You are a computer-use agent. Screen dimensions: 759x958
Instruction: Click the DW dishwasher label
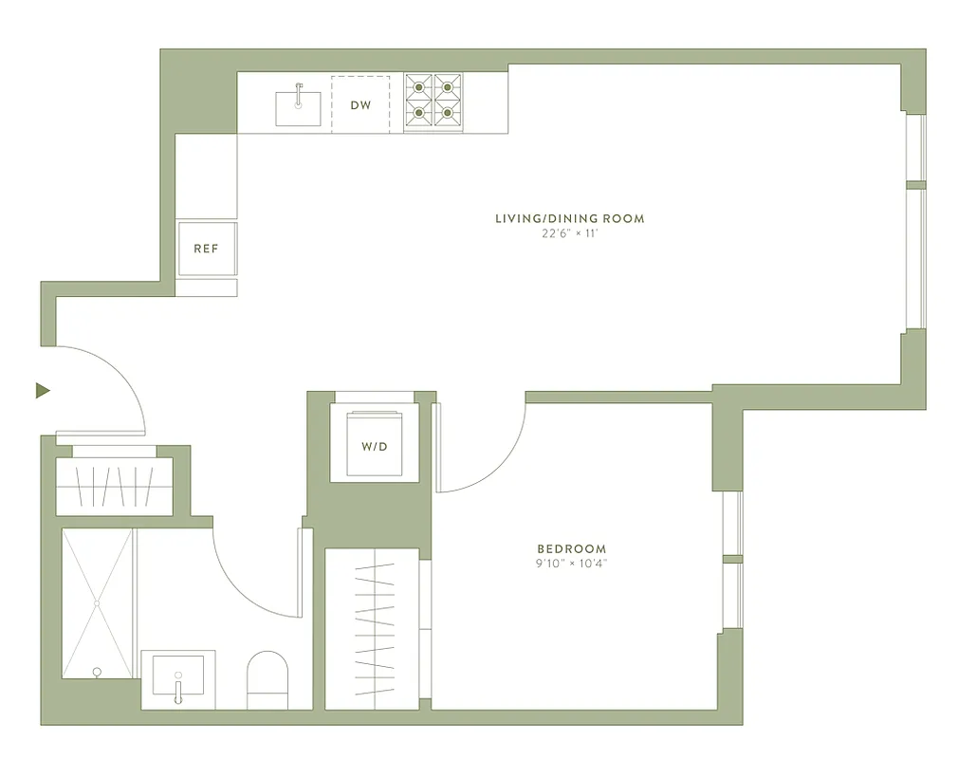click(x=360, y=105)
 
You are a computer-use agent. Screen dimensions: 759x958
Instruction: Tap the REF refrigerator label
click(x=206, y=249)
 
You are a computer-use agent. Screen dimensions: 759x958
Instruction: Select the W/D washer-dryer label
click(x=374, y=445)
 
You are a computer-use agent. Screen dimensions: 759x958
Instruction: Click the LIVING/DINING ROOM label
click(x=569, y=218)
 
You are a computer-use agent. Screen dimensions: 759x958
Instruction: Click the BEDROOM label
click(x=571, y=548)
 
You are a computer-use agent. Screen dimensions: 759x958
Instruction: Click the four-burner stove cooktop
click(x=433, y=102)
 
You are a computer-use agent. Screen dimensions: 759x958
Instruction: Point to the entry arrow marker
click(x=42, y=390)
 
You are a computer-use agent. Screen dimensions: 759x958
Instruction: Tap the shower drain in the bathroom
click(x=97, y=602)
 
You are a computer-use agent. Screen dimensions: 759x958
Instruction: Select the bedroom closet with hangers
click(x=372, y=628)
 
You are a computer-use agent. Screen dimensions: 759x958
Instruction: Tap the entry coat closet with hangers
click(x=114, y=486)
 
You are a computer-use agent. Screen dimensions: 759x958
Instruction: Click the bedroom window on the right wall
click(x=730, y=560)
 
